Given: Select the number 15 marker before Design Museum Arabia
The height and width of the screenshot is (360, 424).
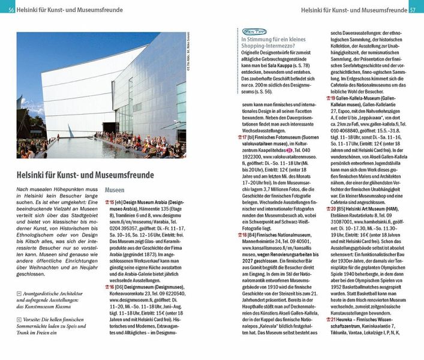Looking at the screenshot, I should point(110,203).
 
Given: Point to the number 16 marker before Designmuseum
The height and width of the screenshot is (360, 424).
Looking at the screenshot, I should point(110,289).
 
